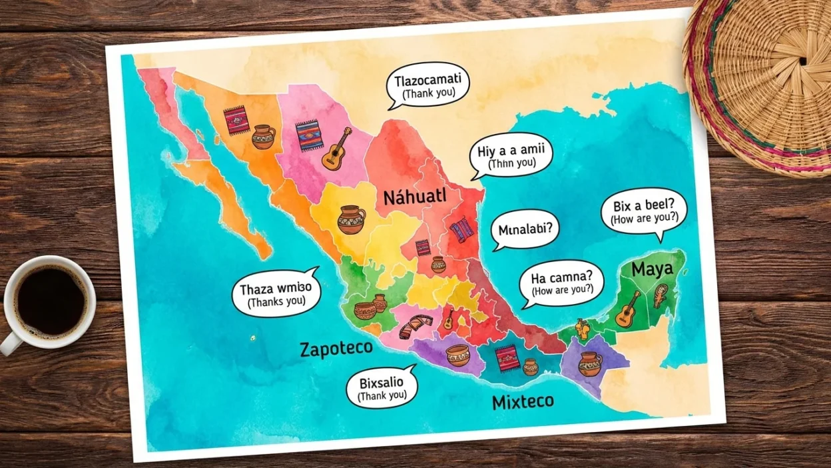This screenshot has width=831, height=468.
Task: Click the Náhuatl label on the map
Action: click(x=414, y=197)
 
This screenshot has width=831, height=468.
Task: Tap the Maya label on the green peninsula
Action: click(x=652, y=270)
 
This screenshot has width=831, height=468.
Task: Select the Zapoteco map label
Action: click(x=336, y=349)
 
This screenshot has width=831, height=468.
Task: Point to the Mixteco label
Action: click(x=523, y=402)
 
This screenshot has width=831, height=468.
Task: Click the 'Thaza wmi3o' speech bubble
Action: click(x=276, y=293)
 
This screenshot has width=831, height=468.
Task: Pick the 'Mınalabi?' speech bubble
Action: click(x=525, y=231)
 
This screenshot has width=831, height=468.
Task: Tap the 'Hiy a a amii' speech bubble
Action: click(x=511, y=156)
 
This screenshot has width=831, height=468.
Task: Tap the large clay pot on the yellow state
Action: click(x=352, y=219)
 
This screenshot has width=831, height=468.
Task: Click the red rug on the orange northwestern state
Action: click(x=235, y=121)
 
